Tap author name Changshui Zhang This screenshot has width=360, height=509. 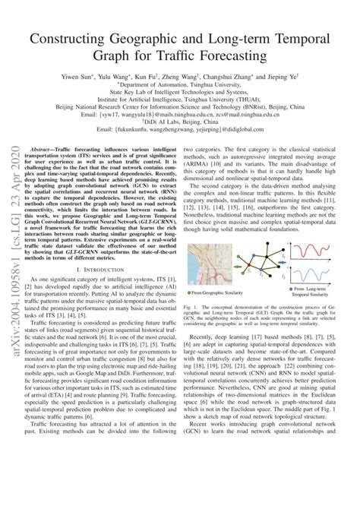241,78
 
